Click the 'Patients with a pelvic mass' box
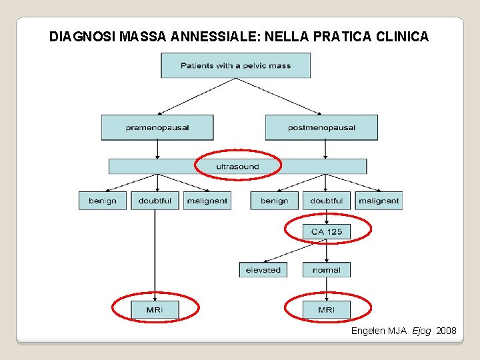click(x=235, y=65)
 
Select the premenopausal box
click(x=157, y=127)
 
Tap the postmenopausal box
click(x=321, y=127)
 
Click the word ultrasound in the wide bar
click(x=237, y=166)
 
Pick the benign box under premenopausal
click(x=102, y=201)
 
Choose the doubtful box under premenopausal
click(x=155, y=201)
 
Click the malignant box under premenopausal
click(x=207, y=201)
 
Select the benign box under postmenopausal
click(x=274, y=201)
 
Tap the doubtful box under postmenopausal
click(x=327, y=201)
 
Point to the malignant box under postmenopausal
click(x=379, y=201)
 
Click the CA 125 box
click(x=327, y=231)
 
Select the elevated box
click(x=263, y=270)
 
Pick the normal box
click(x=327, y=270)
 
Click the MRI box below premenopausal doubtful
click(x=155, y=309)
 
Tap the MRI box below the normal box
click(x=327, y=309)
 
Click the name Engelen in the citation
click(x=368, y=331)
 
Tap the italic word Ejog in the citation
click(x=421, y=331)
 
